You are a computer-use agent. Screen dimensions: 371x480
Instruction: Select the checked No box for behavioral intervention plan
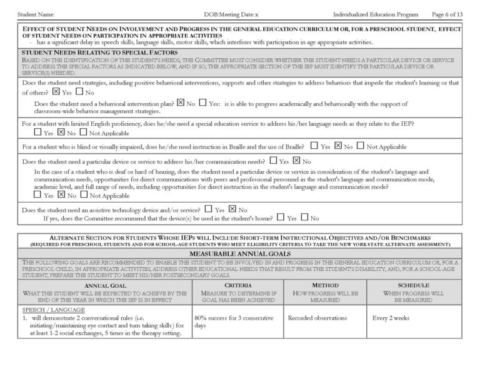click(x=181, y=102)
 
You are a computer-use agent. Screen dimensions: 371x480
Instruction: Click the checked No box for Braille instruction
click(x=337, y=146)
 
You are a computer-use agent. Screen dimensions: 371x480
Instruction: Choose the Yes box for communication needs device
click(x=274, y=161)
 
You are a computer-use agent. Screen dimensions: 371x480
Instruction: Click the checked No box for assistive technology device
click(x=232, y=209)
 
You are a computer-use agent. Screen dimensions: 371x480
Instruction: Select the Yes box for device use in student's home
click(x=280, y=218)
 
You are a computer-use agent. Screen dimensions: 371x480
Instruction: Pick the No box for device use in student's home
click(x=304, y=218)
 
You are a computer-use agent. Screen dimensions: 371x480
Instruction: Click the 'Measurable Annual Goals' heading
click(x=239, y=253)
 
